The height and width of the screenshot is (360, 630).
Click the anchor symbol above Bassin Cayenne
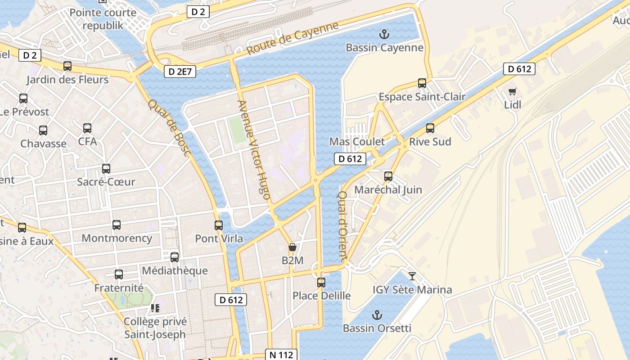(384, 34)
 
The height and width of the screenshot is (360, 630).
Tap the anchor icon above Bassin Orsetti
(377, 315)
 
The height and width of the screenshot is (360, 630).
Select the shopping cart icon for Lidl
(512, 92)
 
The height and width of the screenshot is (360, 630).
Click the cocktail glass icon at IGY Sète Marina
(412, 276)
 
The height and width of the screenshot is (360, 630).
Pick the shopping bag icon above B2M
(292, 247)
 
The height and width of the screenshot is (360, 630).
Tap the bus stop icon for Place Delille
(321, 283)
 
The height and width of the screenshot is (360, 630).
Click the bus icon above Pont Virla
(219, 225)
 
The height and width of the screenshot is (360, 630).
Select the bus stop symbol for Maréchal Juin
(388, 176)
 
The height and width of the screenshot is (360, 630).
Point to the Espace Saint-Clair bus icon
(422, 83)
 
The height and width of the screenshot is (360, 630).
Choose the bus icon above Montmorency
(117, 225)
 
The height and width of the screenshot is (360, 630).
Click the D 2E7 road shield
(180, 71)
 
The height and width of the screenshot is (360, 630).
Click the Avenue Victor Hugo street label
(254, 150)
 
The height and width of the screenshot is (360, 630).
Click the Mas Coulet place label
(357, 142)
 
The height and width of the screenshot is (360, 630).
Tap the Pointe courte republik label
(103, 19)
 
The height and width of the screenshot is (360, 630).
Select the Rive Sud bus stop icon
(430, 128)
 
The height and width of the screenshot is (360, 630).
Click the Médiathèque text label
(175, 270)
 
